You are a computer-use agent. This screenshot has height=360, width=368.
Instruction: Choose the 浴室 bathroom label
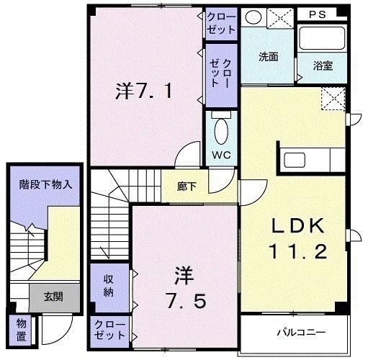322,66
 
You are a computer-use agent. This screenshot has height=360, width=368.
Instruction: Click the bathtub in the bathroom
320,40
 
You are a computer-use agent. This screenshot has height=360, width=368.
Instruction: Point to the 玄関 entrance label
53,295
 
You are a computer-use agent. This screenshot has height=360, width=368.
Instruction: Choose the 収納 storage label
109,285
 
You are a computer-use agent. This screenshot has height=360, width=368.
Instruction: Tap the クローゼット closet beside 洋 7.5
109,331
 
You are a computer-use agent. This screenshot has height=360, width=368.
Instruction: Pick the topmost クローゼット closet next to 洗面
221,23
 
